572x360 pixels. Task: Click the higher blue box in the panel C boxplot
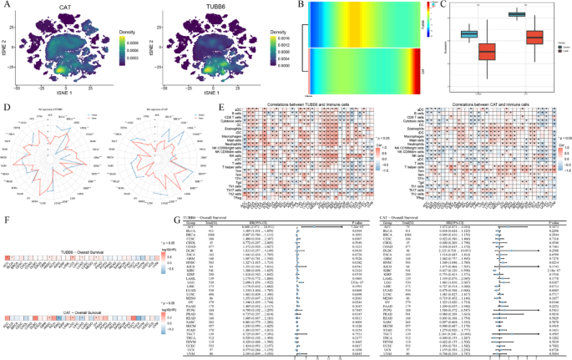click(x=517, y=14)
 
